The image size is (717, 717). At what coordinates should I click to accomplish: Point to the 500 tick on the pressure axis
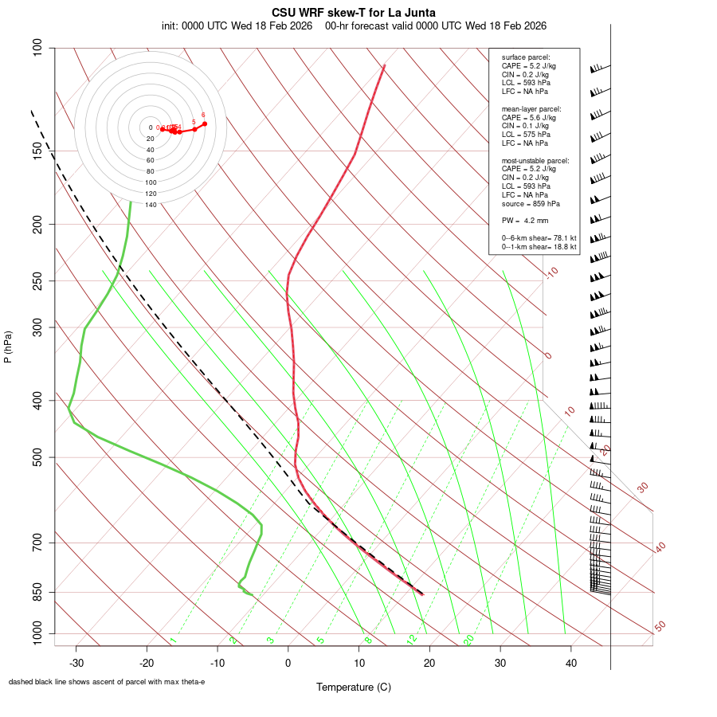(37, 457)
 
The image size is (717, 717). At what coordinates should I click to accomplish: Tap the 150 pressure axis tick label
(37, 151)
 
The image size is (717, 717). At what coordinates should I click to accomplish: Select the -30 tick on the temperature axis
(76, 662)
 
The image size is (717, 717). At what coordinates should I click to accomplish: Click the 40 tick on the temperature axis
(570, 662)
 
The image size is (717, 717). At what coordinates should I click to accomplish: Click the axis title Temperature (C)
(353, 687)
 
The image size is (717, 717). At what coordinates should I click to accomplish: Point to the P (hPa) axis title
(8, 347)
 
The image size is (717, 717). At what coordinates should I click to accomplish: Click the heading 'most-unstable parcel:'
(535, 160)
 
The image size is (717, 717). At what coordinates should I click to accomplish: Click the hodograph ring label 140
(150, 205)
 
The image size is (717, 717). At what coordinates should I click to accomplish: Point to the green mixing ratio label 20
(469, 640)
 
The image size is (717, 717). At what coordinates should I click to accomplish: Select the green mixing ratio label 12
(412, 640)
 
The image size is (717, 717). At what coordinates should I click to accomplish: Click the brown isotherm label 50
(660, 627)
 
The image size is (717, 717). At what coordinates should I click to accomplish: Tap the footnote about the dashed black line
(107, 682)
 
